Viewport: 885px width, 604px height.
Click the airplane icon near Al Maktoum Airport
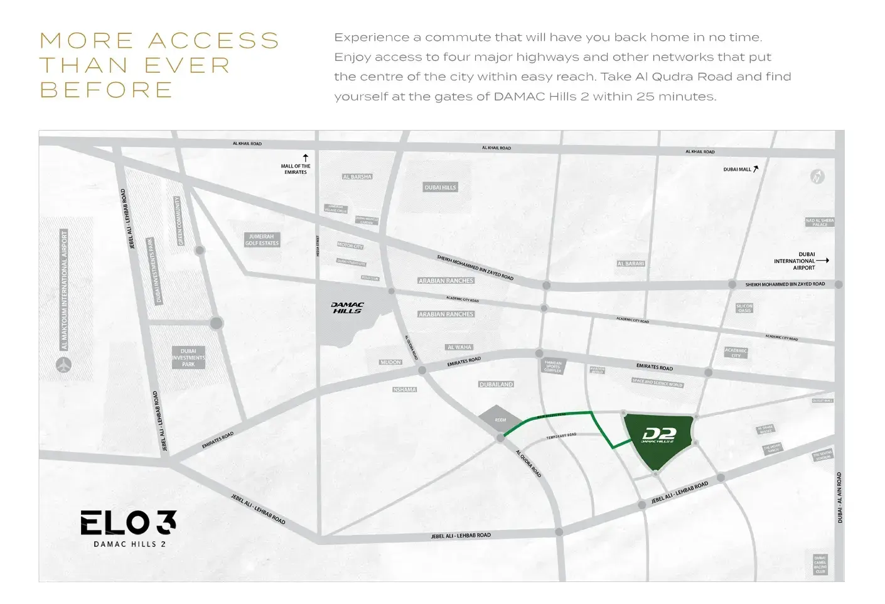click(x=63, y=364)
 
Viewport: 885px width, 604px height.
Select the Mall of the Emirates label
click(x=296, y=169)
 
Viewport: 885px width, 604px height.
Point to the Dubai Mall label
click(x=737, y=170)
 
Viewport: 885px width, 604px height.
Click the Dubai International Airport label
click(x=795, y=261)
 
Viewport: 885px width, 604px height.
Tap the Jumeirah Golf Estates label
click(x=262, y=240)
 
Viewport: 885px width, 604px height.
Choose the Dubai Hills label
click(x=441, y=187)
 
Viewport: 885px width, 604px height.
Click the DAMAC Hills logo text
click(x=347, y=308)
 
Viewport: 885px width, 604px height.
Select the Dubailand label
click(x=496, y=384)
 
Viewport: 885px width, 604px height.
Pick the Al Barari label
click(x=631, y=264)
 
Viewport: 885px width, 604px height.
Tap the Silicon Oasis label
click(x=744, y=308)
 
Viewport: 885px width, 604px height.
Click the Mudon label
click(x=390, y=362)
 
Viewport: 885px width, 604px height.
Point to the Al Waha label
click(x=459, y=347)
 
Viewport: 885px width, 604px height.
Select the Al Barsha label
click(x=357, y=177)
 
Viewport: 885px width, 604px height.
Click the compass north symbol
click(x=817, y=176)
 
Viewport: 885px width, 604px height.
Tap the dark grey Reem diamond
click(x=500, y=419)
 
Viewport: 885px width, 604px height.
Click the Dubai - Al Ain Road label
click(x=840, y=498)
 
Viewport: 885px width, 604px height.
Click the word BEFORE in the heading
click(x=107, y=90)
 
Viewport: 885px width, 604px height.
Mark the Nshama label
click(x=405, y=390)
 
